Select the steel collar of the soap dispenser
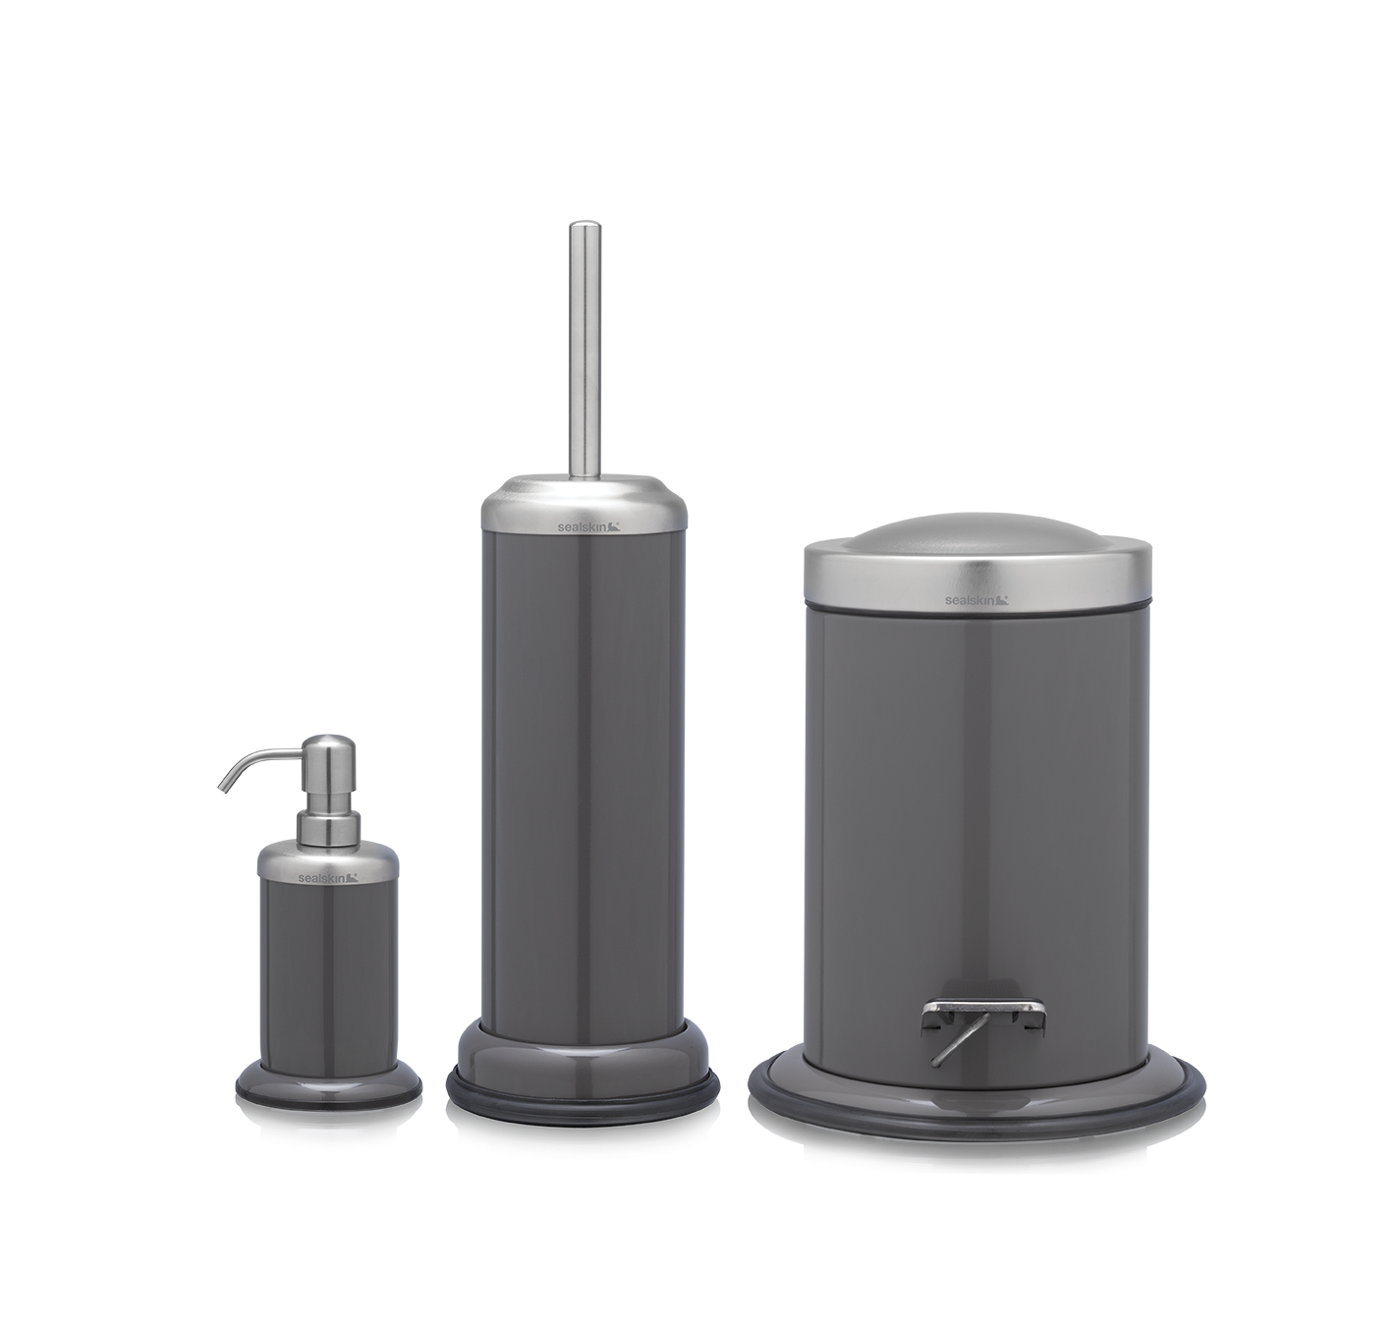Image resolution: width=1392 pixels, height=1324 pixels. (x=328, y=864)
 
